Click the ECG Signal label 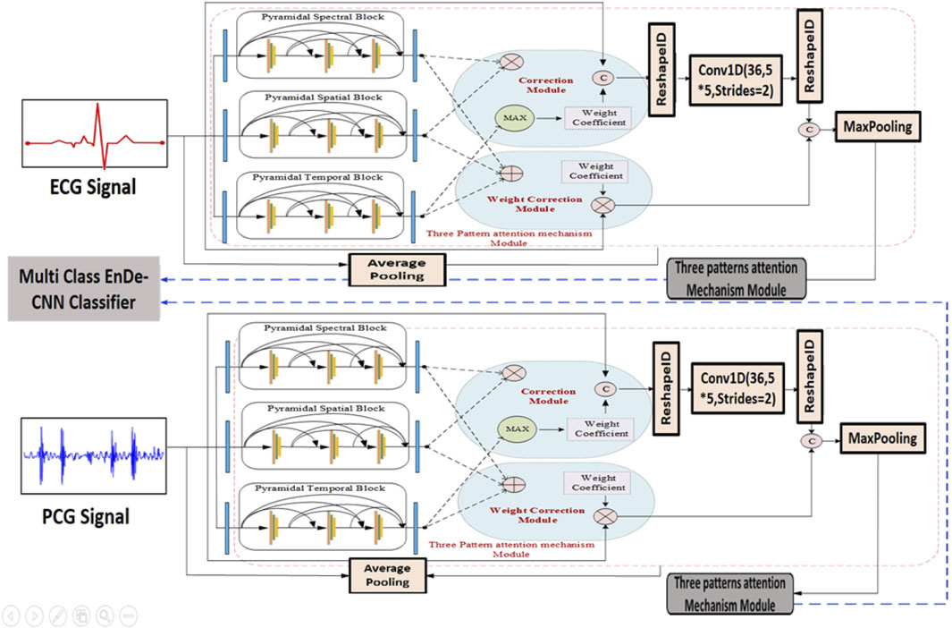(x=94, y=190)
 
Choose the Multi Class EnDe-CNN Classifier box (x=78, y=290)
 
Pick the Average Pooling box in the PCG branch (x=387, y=575)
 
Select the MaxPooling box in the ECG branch (x=877, y=127)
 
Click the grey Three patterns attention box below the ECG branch (x=736, y=277)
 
